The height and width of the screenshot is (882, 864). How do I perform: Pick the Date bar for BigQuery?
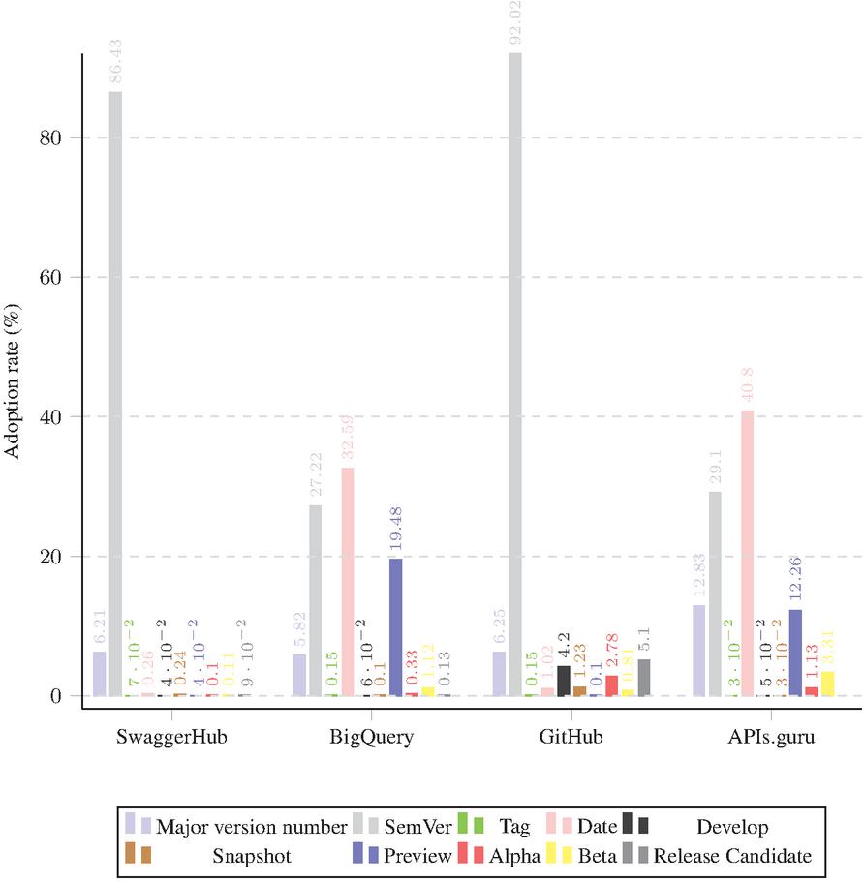pyautogui.click(x=347, y=581)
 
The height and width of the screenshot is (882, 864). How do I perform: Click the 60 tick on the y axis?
pyautogui.click(x=50, y=278)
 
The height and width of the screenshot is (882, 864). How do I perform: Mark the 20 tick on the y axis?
pyautogui.click(x=50, y=557)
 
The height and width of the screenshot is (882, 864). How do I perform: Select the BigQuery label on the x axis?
pyautogui.click(x=371, y=737)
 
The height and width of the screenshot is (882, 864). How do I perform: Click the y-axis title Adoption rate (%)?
pyautogui.click(x=13, y=417)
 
